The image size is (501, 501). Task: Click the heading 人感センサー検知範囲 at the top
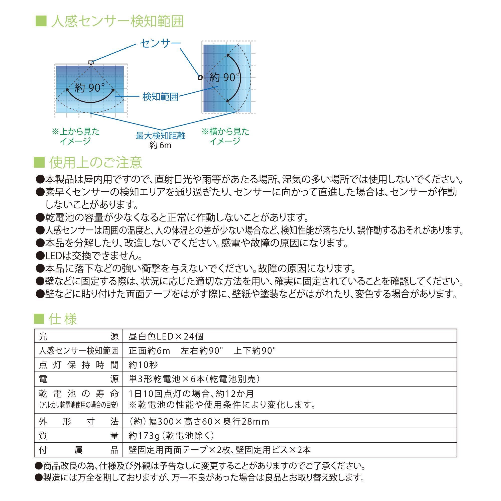[117, 21]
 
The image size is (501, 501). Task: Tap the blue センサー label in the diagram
[160, 43]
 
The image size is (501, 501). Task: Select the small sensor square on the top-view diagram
[91, 62]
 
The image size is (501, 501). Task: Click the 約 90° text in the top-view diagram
[90, 88]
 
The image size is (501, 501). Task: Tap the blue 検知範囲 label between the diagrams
[160, 97]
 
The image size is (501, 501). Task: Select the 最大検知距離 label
[160, 136]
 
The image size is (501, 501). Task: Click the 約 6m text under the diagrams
[160, 145]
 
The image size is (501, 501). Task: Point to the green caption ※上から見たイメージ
[75, 136]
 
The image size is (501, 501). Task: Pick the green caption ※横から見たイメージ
[225, 136]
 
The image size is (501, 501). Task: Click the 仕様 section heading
[62, 319]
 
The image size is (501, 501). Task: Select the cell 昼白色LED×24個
[166, 336]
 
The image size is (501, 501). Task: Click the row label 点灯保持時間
[79, 365]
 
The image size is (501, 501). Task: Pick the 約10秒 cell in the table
[143, 365]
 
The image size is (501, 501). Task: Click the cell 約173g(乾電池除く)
[171, 436]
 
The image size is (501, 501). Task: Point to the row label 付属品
[79, 450]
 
